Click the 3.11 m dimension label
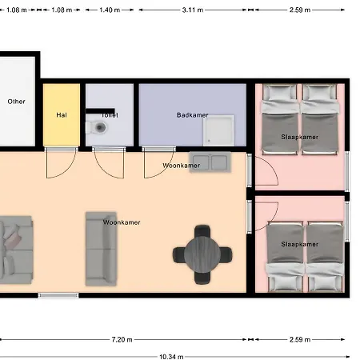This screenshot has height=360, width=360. point(193,10)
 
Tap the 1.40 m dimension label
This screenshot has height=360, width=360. point(110,10)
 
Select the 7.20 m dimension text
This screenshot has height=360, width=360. point(122,339)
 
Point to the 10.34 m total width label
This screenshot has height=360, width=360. point(171,357)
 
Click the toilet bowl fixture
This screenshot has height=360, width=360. point(97,127)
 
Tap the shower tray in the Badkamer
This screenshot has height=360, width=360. point(218,130)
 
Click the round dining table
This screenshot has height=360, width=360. point(202,254)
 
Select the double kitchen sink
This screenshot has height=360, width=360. point(210,162)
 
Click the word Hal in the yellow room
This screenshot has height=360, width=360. point(62,115)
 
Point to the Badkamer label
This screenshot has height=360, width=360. point(192,115)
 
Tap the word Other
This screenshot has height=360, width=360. point(16,102)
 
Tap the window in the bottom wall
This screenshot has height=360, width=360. point(58,295)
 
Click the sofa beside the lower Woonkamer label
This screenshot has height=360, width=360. point(101,249)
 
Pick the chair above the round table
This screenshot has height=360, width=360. point(202,231)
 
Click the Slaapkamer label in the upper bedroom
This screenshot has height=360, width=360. point(300,137)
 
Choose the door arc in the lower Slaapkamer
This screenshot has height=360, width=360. point(266,216)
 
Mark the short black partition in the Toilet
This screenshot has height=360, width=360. point(100,111)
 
